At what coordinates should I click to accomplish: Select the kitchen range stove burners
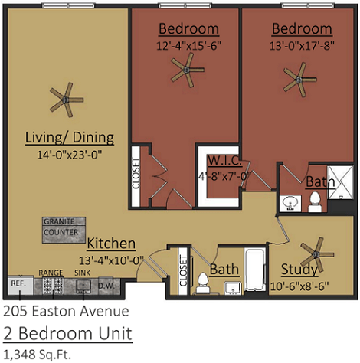pos(51,286)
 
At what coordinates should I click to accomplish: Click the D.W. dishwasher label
pos(105,286)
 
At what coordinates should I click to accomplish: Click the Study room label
pos(299,269)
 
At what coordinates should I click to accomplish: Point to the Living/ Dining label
pos(70,138)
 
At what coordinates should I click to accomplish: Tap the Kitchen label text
pos(111,244)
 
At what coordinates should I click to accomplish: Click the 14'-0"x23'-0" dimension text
pos(70,155)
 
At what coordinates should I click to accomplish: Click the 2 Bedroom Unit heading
pos(68,334)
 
